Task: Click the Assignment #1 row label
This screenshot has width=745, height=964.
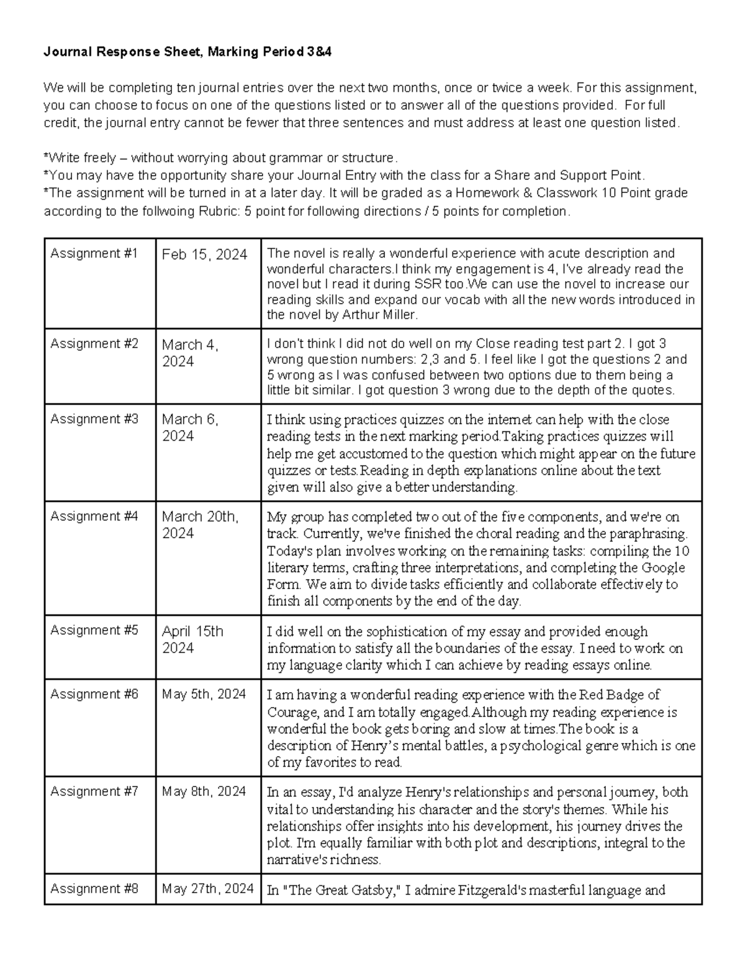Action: click(94, 253)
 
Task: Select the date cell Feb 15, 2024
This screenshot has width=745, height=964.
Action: click(204, 255)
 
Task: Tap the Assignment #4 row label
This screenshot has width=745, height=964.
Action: click(94, 516)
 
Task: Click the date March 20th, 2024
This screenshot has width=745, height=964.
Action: click(199, 525)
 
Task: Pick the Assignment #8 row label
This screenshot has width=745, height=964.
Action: click(94, 888)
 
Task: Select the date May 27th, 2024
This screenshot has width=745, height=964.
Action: click(207, 888)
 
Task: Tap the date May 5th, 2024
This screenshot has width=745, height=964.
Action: click(204, 694)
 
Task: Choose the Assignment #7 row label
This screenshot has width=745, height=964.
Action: click(94, 791)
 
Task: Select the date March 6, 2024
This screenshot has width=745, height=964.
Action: click(189, 427)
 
